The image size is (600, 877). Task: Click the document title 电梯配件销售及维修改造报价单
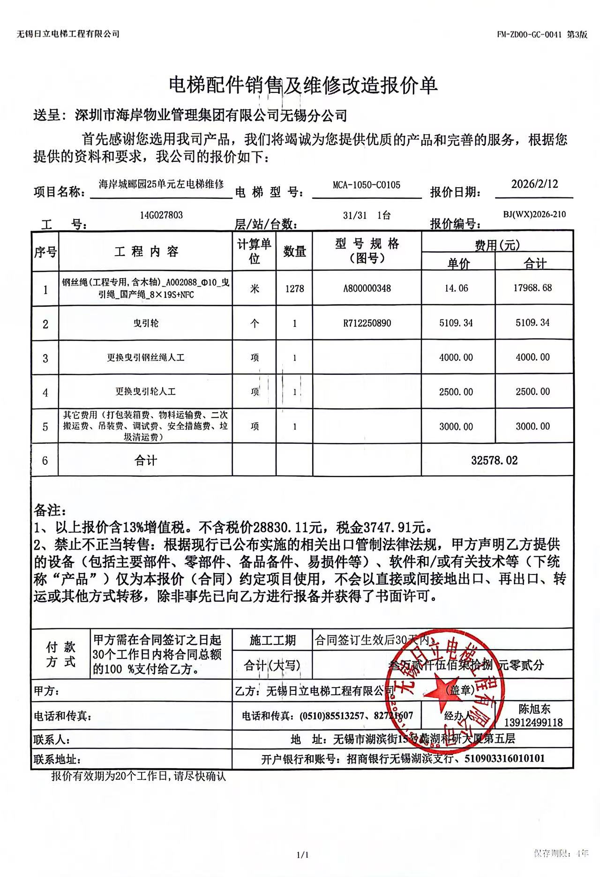(303, 85)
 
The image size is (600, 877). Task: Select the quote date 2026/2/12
(534, 184)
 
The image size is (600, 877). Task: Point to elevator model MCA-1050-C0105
(367, 185)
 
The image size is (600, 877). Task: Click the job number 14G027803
(161, 215)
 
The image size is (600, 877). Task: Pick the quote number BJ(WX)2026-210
(534, 215)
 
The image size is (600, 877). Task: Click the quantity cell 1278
(294, 288)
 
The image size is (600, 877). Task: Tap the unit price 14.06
(456, 288)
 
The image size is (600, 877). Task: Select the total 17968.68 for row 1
(532, 288)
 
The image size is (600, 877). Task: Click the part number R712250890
(367, 323)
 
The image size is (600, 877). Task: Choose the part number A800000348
(367, 288)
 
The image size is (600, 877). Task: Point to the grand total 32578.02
(495, 461)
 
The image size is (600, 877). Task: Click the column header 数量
(294, 252)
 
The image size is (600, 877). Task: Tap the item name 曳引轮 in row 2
(145, 323)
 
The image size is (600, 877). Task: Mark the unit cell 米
(255, 288)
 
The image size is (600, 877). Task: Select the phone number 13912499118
(533, 723)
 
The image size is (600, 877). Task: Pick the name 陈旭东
(534, 709)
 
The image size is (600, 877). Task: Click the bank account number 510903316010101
(504, 758)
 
